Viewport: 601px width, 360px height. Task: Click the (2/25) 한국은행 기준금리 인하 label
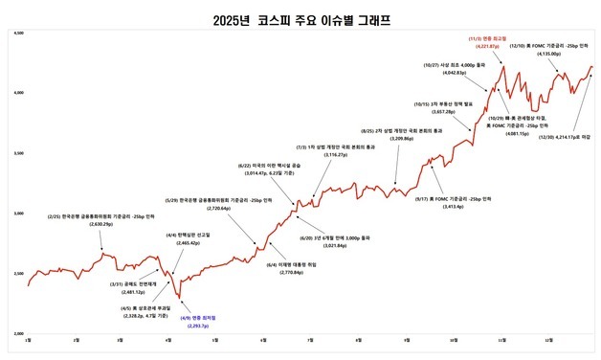(x=102, y=219)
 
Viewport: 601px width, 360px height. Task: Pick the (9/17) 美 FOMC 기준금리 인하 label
(x=453, y=202)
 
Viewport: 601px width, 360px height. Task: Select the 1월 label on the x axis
(x=28, y=340)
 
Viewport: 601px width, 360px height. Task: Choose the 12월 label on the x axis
(x=549, y=340)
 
